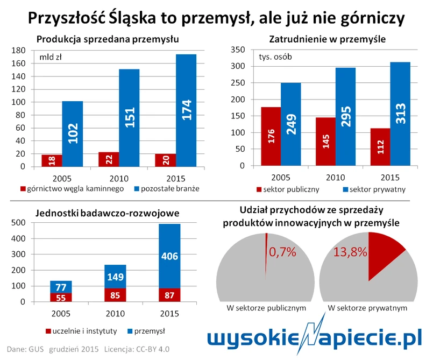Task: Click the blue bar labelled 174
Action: [186, 110]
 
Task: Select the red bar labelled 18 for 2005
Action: [52, 161]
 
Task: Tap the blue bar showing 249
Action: [290, 125]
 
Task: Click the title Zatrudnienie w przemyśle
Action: [327, 39]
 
